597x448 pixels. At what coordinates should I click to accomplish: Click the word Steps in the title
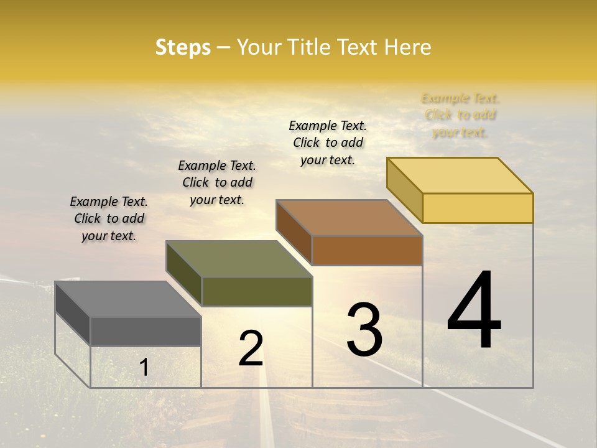(x=183, y=47)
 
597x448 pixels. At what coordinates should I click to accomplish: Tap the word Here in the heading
(x=407, y=47)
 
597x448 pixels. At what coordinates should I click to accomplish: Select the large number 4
(x=474, y=310)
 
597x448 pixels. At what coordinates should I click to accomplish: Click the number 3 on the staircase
(x=364, y=330)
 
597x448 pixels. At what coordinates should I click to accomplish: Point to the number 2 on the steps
(x=251, y=348)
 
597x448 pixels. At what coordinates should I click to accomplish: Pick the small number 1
(x=144, y=368)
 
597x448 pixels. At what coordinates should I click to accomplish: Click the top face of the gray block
(x=128, y=299)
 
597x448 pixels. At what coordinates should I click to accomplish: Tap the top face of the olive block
(x=239, y=259)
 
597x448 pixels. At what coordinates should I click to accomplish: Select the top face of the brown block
(x=349, y=218)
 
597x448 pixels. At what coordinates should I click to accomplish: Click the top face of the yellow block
(x=460, y=175)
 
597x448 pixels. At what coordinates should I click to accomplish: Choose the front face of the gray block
(x=146, y=331)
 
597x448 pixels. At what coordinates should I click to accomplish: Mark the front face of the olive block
(x=257, y=291)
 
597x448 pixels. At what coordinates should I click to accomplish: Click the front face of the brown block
(x=367, y=250)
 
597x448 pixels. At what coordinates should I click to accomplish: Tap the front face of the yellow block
(x=478, y=208)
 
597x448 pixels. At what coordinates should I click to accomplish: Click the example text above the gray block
(x=109, y=218)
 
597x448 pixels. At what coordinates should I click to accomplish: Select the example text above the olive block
(x=217, y=182)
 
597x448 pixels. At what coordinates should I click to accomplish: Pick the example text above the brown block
(x=328, y=142)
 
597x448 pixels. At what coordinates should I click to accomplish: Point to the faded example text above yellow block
(x=460, y=115)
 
